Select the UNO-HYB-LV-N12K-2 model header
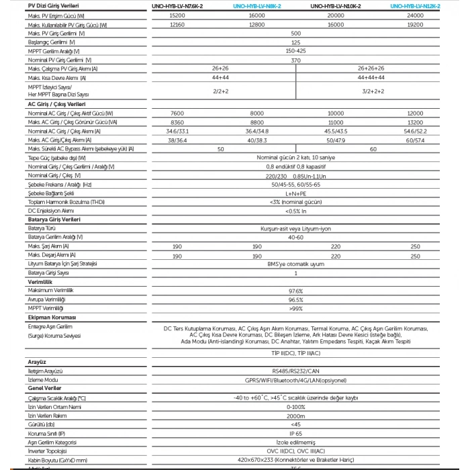[x=416, y=5]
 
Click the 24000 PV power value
[x=416, y=15]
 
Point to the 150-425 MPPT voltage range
[x=295, y=51]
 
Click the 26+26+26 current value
[x=371, y=69]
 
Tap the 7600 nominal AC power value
[x=177, y=113]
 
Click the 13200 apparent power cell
[x=416, y=123]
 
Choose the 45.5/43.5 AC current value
[x=336, y=132]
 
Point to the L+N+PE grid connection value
[x=295, y=193]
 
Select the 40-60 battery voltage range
[x=295, y=237]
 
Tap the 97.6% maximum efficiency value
[x=295, y=291]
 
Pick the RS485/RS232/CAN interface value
[x=295, y=370]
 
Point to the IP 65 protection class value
[x=295, y=433]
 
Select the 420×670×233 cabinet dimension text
[x=295, y=459]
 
